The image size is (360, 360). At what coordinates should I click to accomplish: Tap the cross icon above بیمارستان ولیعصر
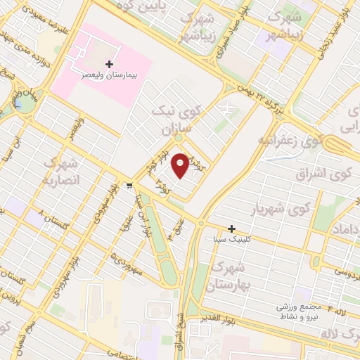point(109,64)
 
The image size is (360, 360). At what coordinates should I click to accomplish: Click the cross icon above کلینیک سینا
point(231,229)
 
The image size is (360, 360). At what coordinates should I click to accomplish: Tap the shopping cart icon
point(130,185)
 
